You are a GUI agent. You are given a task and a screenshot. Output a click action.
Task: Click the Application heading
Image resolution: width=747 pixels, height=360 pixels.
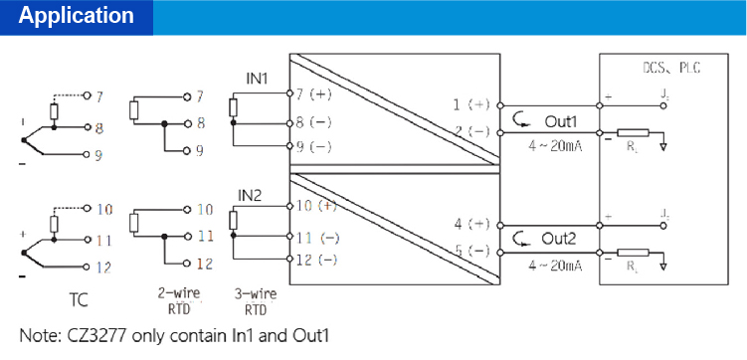[x=77, y=16]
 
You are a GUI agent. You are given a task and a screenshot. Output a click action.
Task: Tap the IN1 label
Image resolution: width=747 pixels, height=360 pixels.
[x=257, y=78]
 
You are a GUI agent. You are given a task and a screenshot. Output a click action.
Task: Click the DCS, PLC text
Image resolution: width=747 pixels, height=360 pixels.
[x=665, y=71]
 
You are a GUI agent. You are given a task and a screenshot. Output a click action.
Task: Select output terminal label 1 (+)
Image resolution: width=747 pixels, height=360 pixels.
[x=471, y=103]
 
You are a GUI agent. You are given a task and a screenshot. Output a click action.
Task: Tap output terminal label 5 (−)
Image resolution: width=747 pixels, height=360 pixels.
[x=471, y=251]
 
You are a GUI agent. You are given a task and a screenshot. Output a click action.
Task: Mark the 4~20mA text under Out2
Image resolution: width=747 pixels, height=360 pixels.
[x=553, y=266]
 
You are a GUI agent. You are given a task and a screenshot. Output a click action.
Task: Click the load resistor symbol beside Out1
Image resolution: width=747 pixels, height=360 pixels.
[x=633, y=132]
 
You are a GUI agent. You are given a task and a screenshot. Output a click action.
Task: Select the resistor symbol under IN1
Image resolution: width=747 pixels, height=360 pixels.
[x=233, y=107]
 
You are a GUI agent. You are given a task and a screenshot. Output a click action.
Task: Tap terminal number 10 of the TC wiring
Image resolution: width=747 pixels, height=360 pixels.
[x=106, y=210]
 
